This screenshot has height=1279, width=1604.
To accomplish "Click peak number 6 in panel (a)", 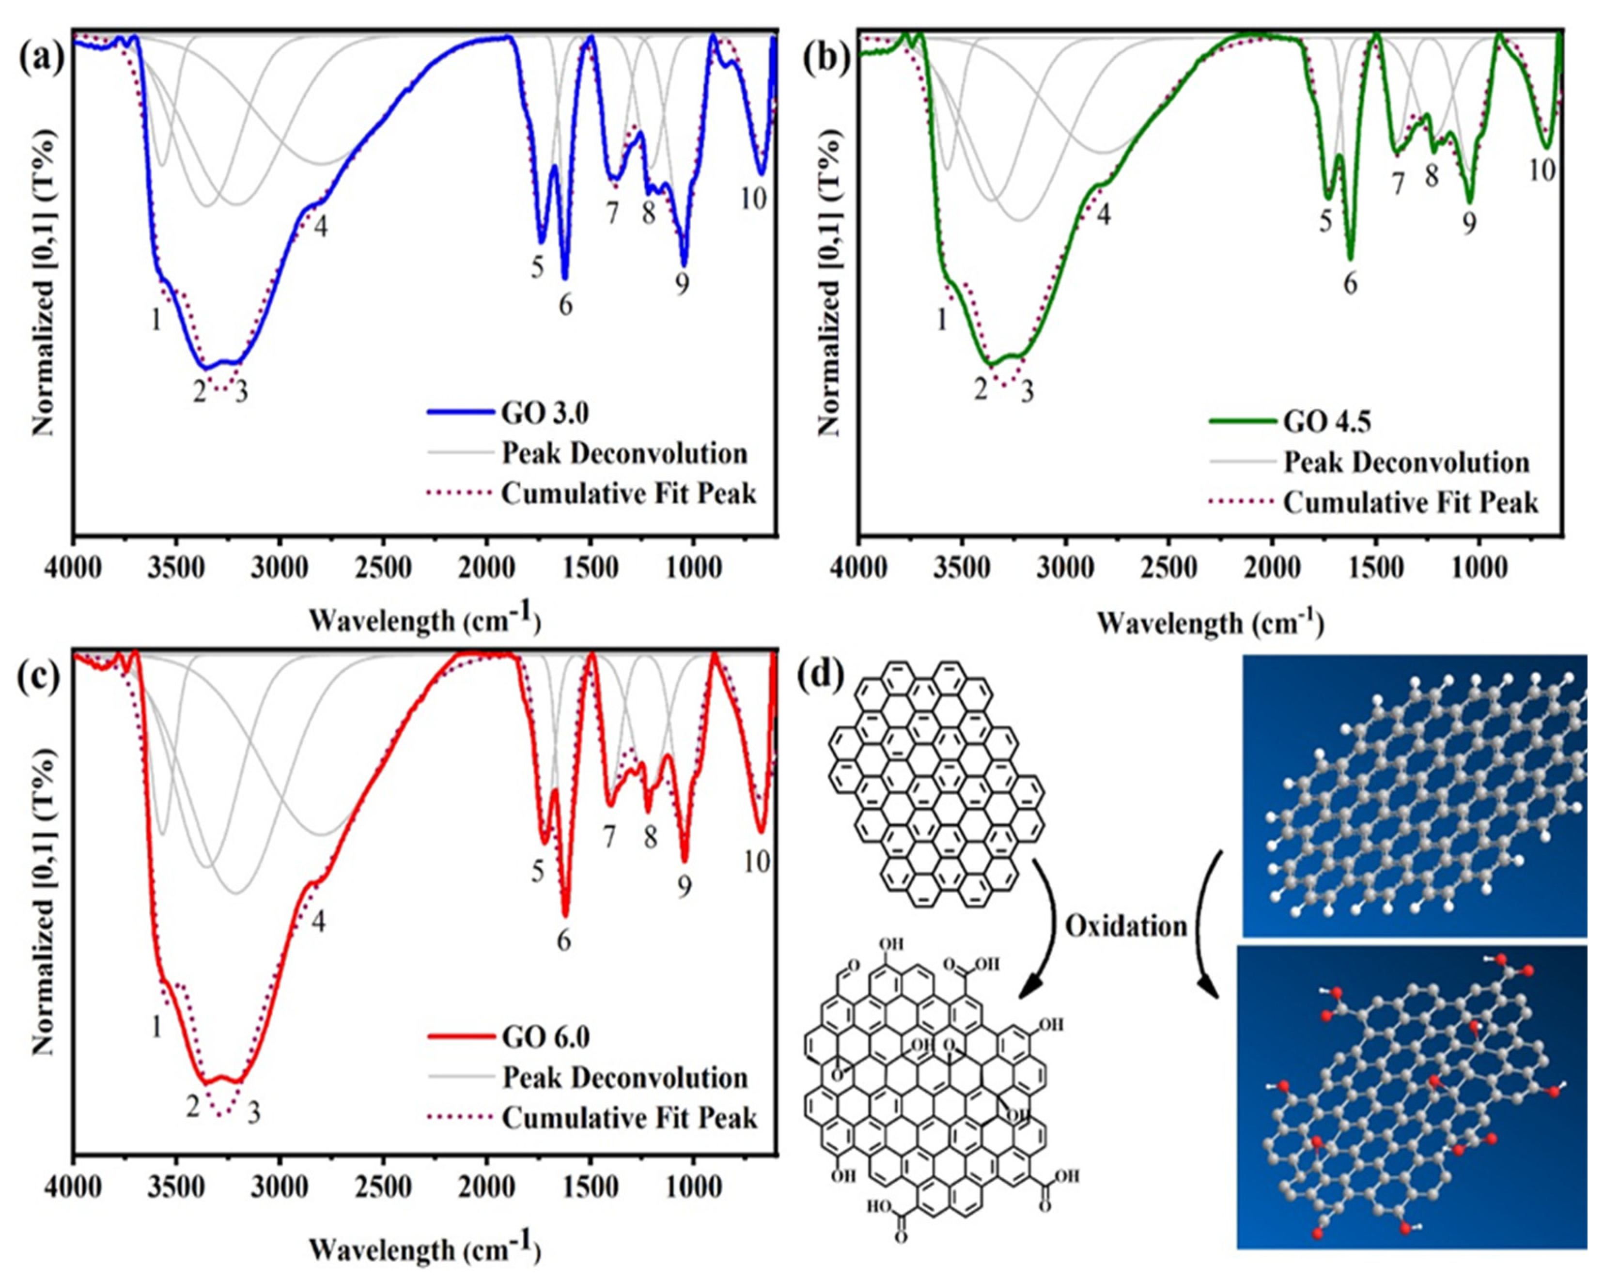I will (x=565, y=306).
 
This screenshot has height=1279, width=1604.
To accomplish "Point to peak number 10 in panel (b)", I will (x=1542, y=170).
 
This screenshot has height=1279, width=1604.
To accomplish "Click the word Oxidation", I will (x=1126, y=926).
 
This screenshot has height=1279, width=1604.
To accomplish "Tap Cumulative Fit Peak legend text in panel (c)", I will (x=629, y=1118).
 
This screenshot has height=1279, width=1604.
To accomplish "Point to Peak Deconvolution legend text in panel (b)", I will (x=1406, y=462).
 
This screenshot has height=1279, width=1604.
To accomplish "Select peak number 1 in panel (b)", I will (x=942, y=320).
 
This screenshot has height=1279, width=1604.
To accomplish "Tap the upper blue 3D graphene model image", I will (x=1414, y=794).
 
